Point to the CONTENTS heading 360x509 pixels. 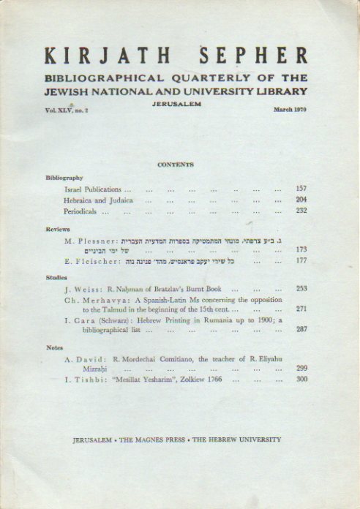pos(176,165)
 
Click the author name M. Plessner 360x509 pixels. pos(86,239)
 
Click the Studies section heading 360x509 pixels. pos(56,278)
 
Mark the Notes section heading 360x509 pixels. pos(53,348)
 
